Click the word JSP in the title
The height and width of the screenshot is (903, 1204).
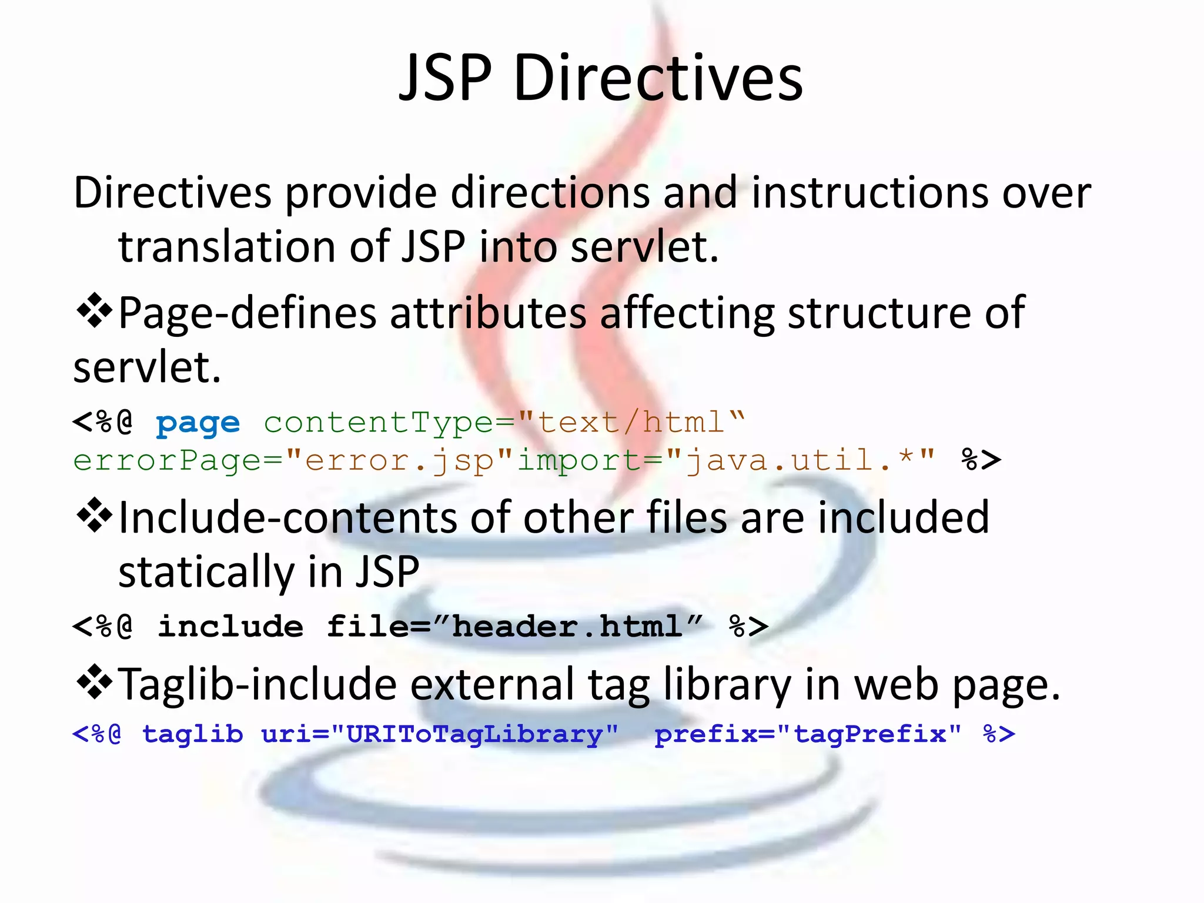click(445, 78)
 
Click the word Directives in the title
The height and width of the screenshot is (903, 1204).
click(658, 78)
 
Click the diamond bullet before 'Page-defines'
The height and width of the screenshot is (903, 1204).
click(94, 312)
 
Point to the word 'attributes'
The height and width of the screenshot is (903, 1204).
click(488, 313)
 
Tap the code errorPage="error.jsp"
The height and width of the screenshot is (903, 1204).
click(283, 460)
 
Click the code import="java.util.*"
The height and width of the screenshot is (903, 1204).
click(725, 460)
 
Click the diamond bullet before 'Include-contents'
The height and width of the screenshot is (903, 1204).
click(94, 516)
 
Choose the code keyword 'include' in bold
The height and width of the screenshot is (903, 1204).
click(230, 626)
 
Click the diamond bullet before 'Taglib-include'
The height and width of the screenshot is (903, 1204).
click(94, 683)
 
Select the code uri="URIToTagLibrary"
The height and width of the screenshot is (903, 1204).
click(439, 734)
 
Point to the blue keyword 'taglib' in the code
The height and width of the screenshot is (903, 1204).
click(192, 734)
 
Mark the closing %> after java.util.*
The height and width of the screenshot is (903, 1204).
click(981, 460)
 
